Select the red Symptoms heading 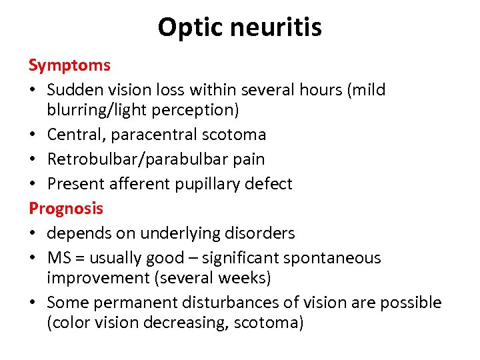(69, 65)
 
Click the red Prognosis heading (66, 208)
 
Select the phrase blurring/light (103, 109)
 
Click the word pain (249, 159)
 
